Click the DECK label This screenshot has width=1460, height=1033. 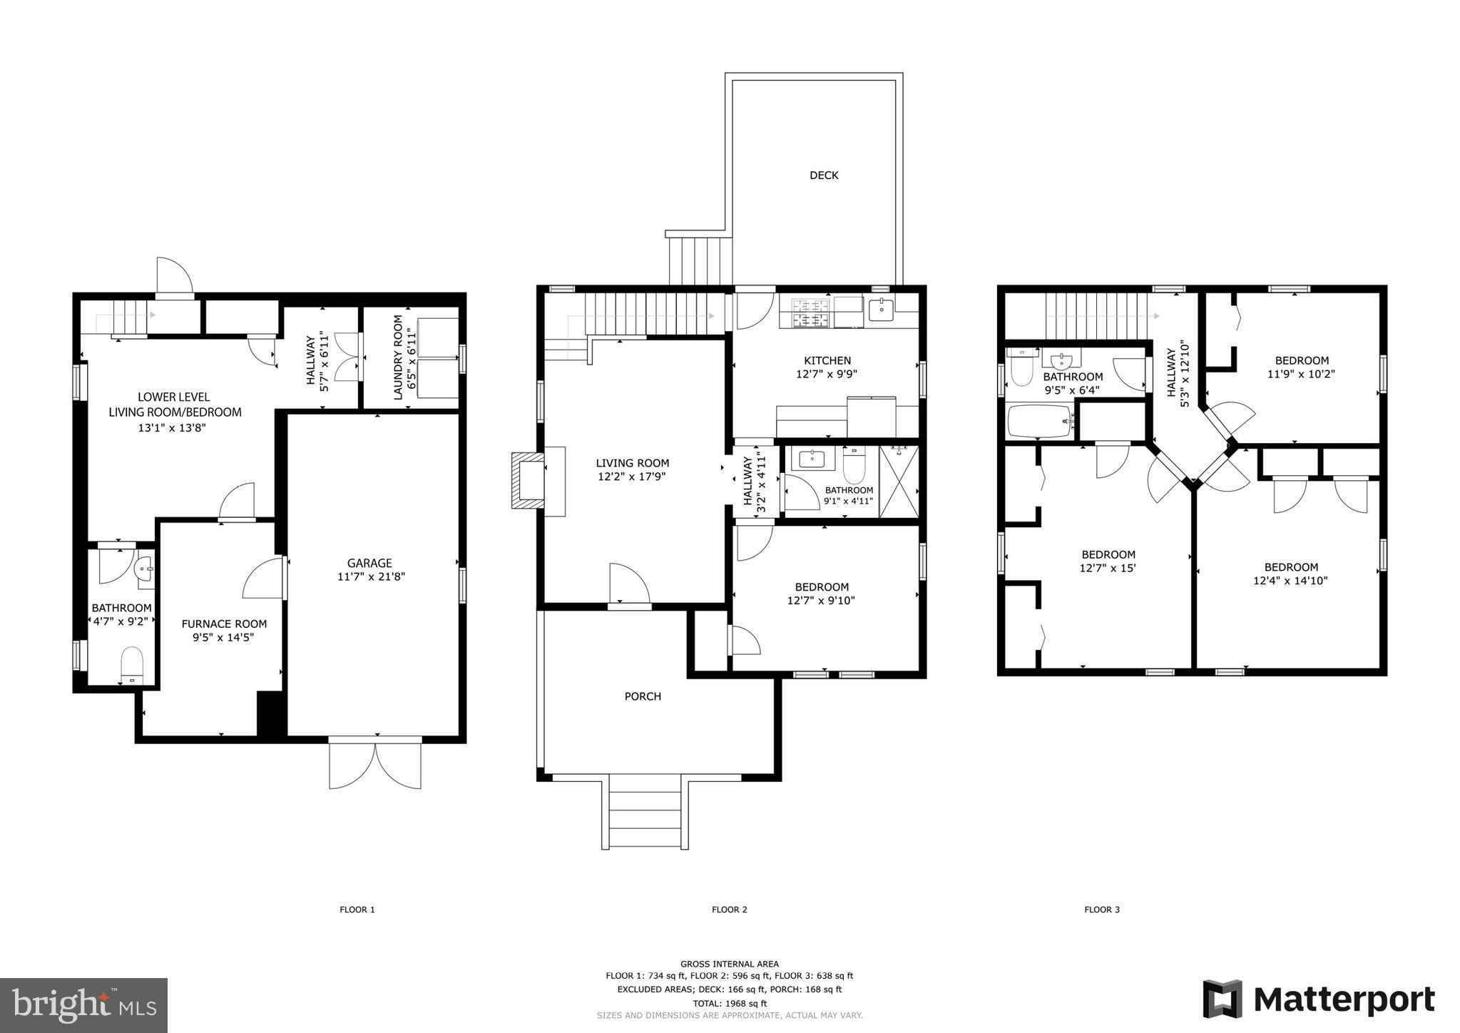pyautogui.click(x=824, y=175)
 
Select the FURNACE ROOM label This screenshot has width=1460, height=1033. pyautogui.click(x=224, y=624)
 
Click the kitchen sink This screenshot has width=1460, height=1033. pyautogui.click(x=882, y=310)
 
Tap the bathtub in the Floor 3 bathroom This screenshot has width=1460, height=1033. pyautogui.click(x=1040, y=422)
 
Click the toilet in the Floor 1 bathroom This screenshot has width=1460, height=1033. pyautogui.click(x=132, y=663)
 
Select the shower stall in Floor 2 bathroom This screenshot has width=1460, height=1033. pyautogui.click(x=899, y=482)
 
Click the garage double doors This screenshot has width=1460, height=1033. pyautogui.click(x=375, y=764)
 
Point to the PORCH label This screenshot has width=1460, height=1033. pyautogui.click(x=643, y=696)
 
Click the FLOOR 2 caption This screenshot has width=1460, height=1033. pyautogui.click(x=729, y=910)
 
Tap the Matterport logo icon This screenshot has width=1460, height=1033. pyautogui.click(x=1222, y=999)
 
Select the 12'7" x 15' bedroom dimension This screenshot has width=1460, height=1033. pyautogui.click(x=1108, y=568)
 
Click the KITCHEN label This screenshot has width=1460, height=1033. pyautogui.click(x=827, y=360)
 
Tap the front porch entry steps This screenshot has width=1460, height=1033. pyautogui.click(x=645, y=813)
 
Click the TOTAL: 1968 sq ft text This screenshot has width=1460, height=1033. pyautogui.click(x=729, y=1003)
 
